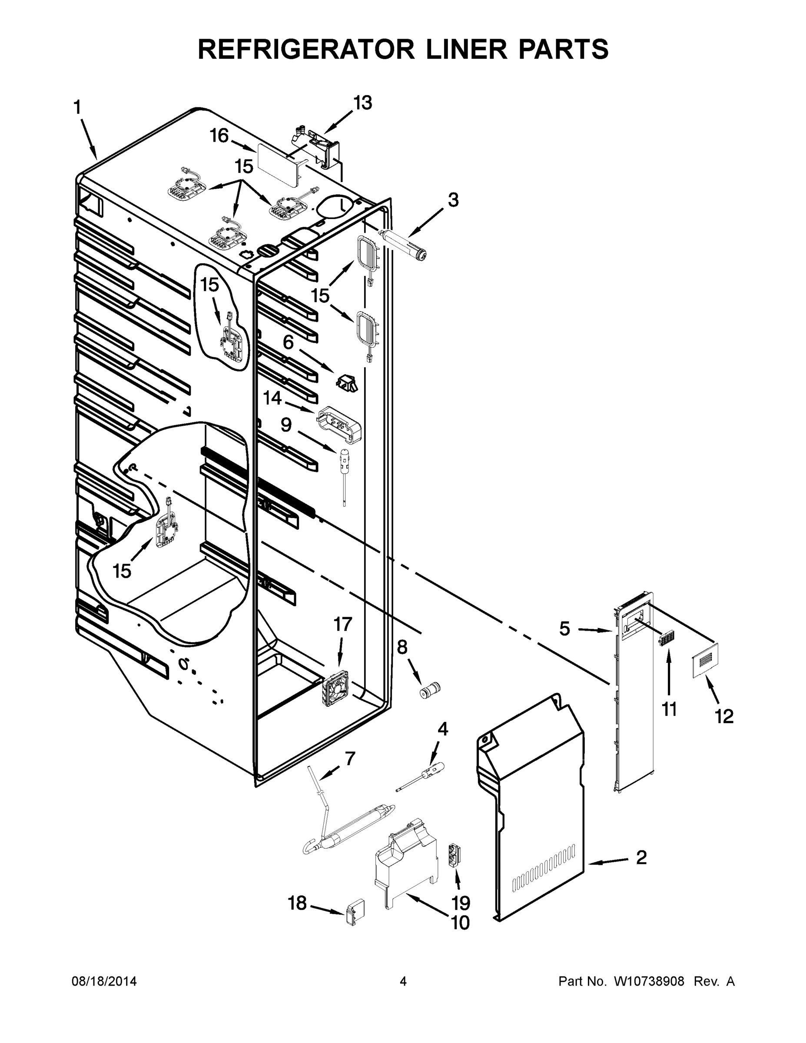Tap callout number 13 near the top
coord(362,103)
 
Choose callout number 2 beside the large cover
coord(641,858)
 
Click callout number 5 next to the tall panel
coord(564,628)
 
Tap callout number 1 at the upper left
coord(77,107)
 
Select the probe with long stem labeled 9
coord(343,473)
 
